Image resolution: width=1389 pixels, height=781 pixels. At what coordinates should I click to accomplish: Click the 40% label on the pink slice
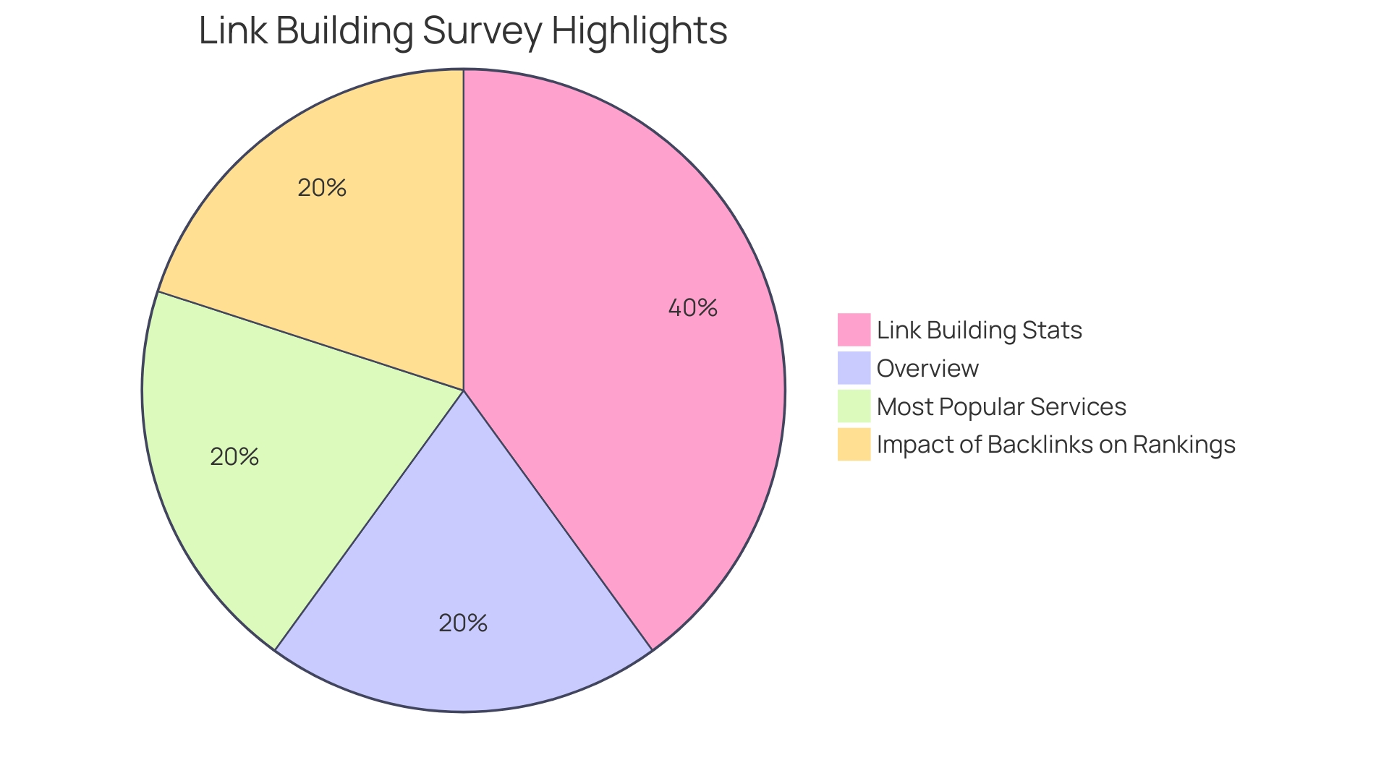click(x=692, y=308)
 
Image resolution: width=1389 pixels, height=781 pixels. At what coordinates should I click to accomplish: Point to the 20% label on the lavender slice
click(x=463, y=623)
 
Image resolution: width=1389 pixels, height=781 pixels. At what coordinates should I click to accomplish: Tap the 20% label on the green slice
click(x=234, y=457)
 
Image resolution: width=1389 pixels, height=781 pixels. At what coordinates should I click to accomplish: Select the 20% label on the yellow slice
click(x=322, y=188)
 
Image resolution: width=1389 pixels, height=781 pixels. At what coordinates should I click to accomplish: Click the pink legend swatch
click(x=854, y=330)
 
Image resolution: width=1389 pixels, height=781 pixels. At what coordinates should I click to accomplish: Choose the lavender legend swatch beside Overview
click(x=854, y=368)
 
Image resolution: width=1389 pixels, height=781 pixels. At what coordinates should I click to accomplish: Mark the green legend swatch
click(x=854, y=406)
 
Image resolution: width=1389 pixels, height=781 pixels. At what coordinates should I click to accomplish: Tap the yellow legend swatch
click(x=854, y=444)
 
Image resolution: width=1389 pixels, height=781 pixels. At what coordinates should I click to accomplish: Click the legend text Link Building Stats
click(x=979, y=330)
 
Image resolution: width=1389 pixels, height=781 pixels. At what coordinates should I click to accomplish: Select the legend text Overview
click(x=927, y=369)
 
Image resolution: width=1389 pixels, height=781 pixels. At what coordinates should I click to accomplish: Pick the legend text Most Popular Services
click(x=1001, y=407)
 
